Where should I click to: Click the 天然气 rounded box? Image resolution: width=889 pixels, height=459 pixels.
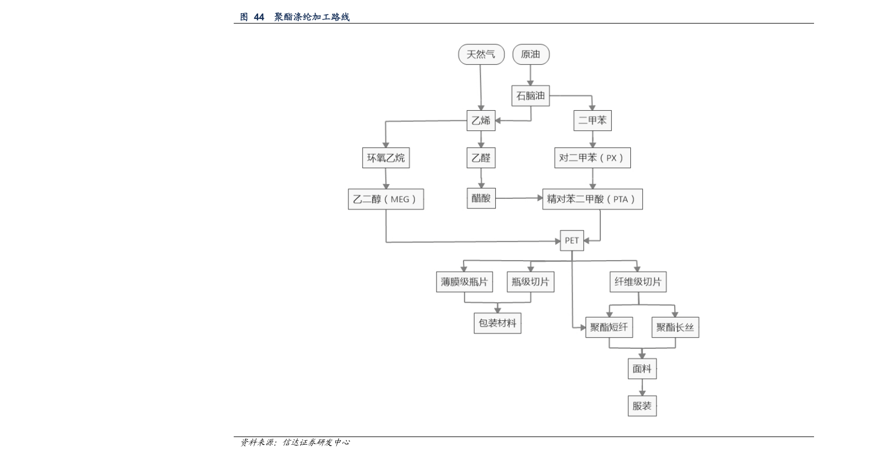[x=481, y=54]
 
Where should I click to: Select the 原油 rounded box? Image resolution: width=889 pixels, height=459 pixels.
[x=531, y=54]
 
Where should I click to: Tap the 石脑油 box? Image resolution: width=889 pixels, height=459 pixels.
[x=531, y=95]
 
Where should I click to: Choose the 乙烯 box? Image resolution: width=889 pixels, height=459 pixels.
[x=481, y=120]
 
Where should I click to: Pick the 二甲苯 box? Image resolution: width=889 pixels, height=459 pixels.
[x=592, y=120]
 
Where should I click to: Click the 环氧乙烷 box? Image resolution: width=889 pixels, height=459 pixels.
[x=386, y=158]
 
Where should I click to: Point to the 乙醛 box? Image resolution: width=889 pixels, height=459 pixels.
[x=481, y=158]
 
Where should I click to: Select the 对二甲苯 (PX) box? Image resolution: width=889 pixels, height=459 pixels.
[x=592, y=158]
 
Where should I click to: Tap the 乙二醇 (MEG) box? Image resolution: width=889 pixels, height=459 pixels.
[x=386, y=199]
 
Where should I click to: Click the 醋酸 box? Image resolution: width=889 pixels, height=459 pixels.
[x=481, y=198]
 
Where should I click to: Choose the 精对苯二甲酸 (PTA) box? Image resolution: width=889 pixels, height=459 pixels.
[x=592, y=199]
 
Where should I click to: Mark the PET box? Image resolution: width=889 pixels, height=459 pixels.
[x=572, y=241]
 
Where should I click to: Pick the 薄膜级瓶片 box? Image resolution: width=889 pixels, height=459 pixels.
[x=465, y=282]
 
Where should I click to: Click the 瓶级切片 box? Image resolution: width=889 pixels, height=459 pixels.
[x=531, y=282]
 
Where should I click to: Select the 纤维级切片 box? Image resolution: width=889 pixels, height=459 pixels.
[x=638, y=282]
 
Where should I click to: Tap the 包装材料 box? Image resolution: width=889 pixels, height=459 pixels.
[x=497, y=323]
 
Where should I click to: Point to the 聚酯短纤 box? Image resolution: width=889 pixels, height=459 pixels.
[x=609, y=327]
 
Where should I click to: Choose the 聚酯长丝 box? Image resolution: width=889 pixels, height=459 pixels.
[x=675, y=327]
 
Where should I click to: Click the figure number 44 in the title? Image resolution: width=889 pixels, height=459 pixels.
[x=259, y=17]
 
